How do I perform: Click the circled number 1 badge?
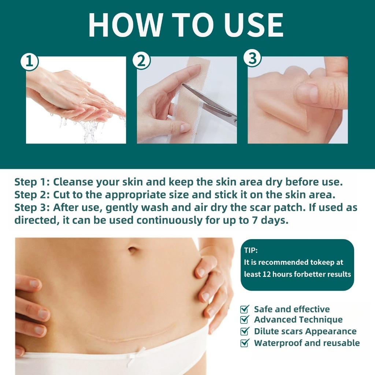click(x=29, y=62)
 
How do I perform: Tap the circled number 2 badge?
click(x=141, y=60)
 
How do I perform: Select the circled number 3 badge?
click(x=252, y=58)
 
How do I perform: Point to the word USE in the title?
click(x=253, y=25)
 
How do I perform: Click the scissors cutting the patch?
click(x=211, y=103)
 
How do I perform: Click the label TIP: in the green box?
click(x=250, y=250)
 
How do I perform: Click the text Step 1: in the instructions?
click(x=32, y=182)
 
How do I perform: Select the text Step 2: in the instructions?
click(x=32, y=195)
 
